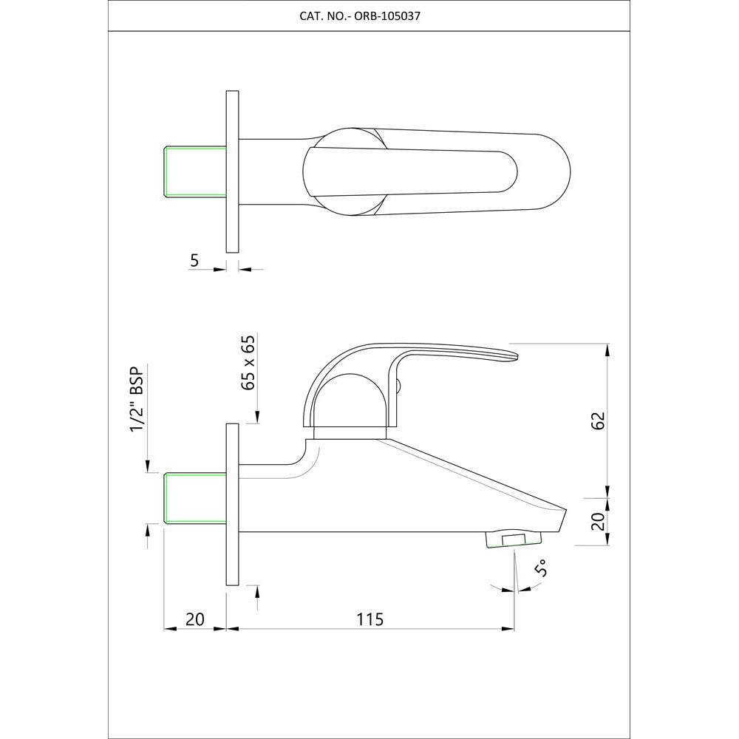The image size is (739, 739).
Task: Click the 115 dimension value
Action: (369, 619)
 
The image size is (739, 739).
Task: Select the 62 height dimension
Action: (599, 421)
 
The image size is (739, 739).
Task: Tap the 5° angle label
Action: (541, 568)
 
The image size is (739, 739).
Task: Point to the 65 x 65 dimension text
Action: (248, 362)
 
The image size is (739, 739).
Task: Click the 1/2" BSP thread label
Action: (137, 398)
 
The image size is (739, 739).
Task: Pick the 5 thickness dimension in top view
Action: (194, 260)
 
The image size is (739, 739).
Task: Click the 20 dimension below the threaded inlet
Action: (194, 619)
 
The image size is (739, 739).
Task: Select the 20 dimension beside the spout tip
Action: (599, 521)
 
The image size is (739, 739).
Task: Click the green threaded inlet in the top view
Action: (194, 171)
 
